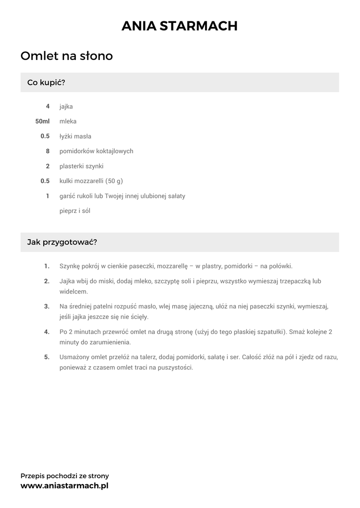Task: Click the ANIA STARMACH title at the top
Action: click(180, 26)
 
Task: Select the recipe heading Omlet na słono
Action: click(67, 56)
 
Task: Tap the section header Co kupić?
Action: click(46, 82)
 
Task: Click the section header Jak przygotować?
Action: click(62, 242)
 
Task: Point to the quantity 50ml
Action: click(43, 121)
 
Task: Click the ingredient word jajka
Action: click(66, 107)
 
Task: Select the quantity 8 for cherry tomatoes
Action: click(48, 151)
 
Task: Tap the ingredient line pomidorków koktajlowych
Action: click(96, 151)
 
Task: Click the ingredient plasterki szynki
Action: click(81, 166)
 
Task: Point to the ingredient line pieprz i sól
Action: click(74, 211)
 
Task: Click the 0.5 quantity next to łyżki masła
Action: click(45, 136)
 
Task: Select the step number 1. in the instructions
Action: click(47, 266)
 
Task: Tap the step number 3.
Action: click(47, 306)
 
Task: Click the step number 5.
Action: click(47, 357)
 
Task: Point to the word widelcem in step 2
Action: click(73, 292)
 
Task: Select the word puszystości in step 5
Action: click(175, 368)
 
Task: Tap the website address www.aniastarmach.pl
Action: click(65, 486)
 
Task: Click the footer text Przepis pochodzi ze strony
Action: click(65, 476)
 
